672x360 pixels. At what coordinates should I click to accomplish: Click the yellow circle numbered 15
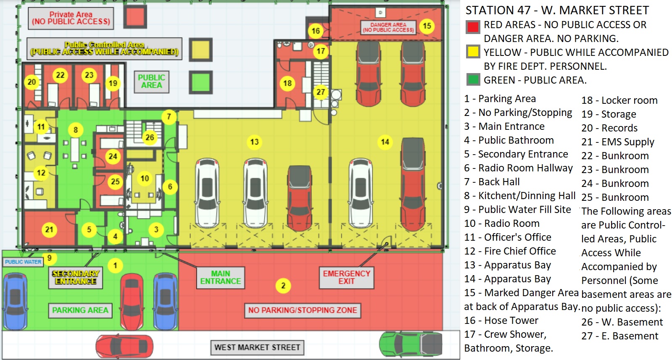tap(427, 26)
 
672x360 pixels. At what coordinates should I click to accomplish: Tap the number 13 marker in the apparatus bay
tap(254, 142)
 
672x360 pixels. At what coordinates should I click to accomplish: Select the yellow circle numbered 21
tap(50, 229)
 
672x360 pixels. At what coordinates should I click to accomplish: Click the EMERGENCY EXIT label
tap(346, 277)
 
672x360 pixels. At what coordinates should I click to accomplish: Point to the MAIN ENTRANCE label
tap(220, 277)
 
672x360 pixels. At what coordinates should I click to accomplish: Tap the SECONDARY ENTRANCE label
tap(76, 277)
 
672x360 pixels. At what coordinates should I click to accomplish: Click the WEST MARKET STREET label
tap(257, 347)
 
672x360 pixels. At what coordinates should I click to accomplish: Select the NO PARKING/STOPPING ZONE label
tap(302, 310)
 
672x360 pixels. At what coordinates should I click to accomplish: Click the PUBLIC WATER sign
tap(23, 262)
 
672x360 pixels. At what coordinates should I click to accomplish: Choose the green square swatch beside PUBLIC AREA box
tap(200, 82)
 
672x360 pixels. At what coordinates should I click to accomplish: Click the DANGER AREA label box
tap(388, 27)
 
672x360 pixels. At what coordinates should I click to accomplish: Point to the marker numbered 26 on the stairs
tap(150, 137)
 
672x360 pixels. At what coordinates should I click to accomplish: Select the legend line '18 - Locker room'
tap(619, 100)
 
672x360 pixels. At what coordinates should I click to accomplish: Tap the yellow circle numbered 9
tap(50, 258)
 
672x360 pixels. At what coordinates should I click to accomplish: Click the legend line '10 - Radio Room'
tap(502, 223)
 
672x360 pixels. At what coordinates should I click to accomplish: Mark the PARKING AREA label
tap(80, 310)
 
